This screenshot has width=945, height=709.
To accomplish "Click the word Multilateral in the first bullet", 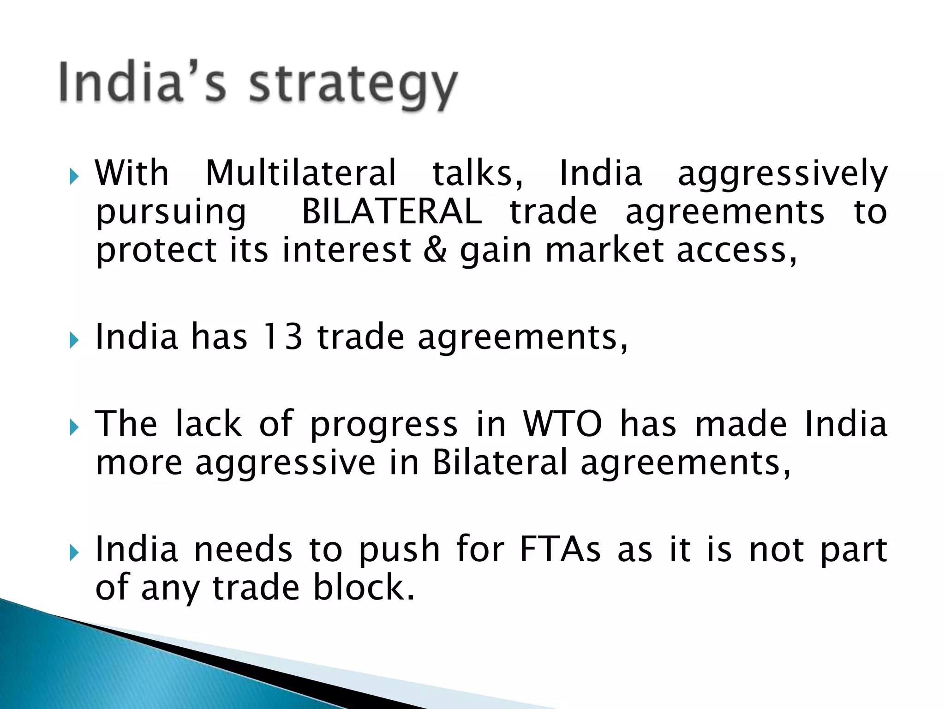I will coord(301,173).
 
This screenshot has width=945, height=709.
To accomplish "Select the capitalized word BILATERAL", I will coord(392,212).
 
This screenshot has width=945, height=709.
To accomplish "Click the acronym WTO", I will coord(562,423).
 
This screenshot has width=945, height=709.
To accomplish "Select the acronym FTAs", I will coord(560,549).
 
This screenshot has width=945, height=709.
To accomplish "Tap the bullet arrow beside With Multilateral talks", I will coord(74,176).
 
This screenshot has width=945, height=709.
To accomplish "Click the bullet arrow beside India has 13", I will coord(74,341).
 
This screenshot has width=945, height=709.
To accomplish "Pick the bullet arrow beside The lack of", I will coord(74,427).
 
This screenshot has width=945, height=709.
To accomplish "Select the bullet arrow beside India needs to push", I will coord(74,552).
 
